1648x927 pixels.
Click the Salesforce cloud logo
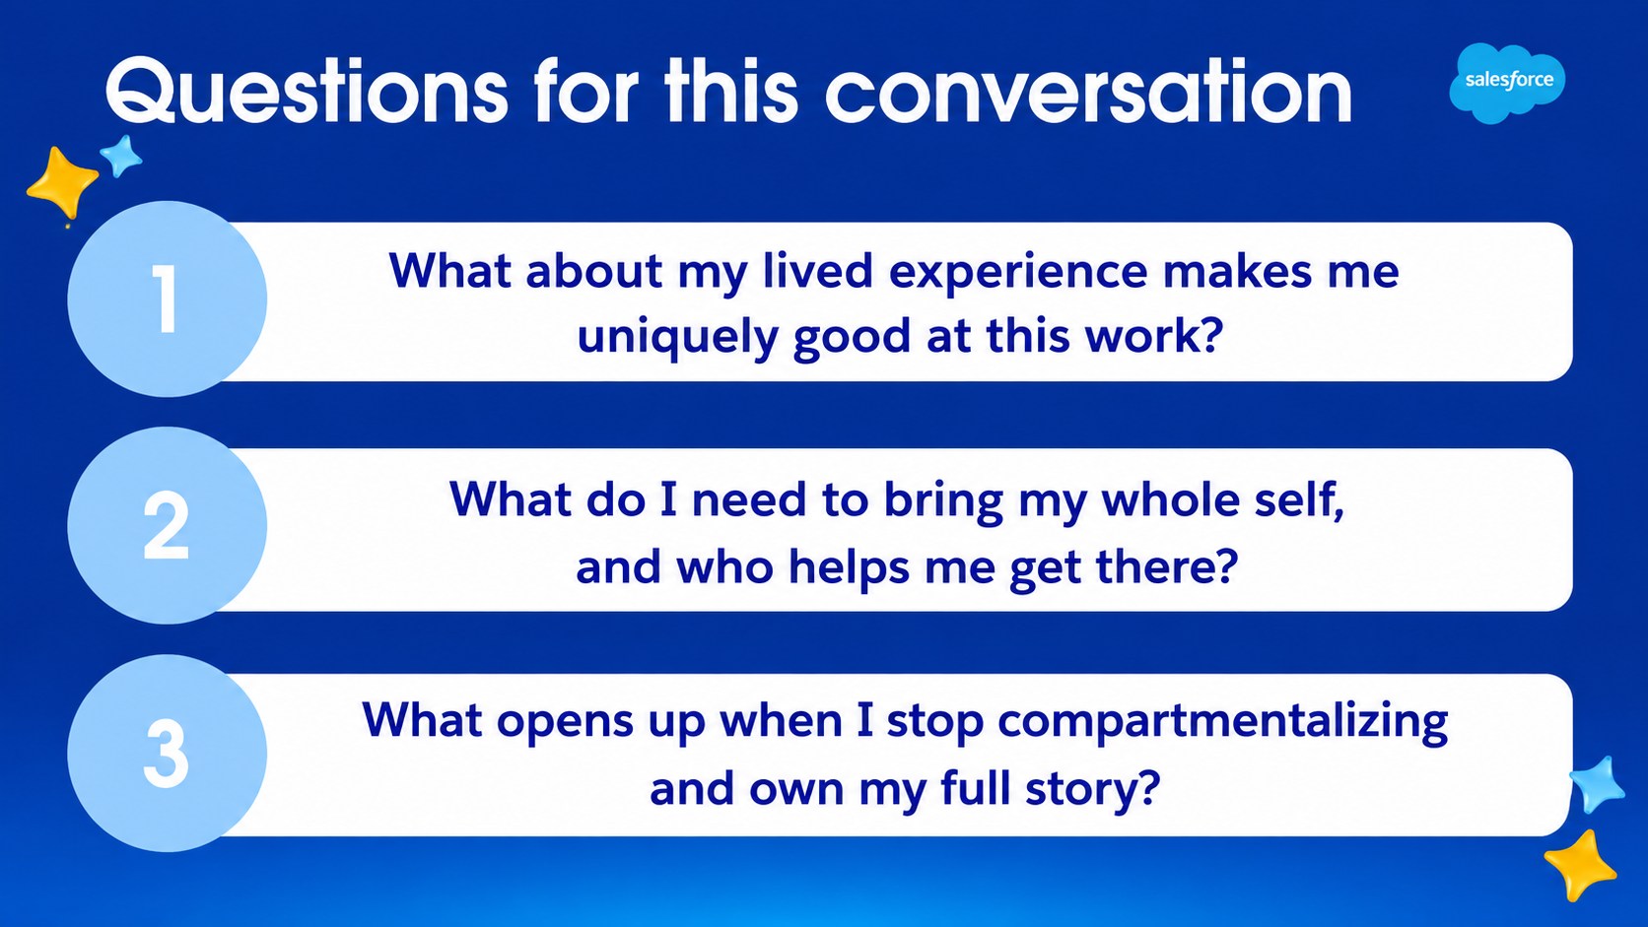(1507, 83)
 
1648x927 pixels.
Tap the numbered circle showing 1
(167, 299)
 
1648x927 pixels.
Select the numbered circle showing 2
(167, 526)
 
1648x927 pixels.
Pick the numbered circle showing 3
(167, 754)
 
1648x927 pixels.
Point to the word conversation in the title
(1088, 93)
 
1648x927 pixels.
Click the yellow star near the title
(62, 183)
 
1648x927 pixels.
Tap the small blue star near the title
(120, 156)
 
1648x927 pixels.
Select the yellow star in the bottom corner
(1580, 865)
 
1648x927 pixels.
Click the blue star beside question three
(1597, 784)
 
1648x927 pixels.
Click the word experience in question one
(1018, 273)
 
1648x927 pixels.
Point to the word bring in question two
(943, 501)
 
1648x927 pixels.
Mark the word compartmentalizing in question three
(1223, 721)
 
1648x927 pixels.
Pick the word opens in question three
(565, 723)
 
